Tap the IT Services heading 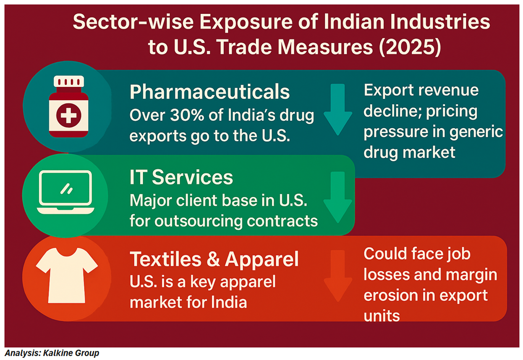181,177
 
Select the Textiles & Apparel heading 214,259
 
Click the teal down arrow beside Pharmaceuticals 338,109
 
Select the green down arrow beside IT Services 337,196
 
